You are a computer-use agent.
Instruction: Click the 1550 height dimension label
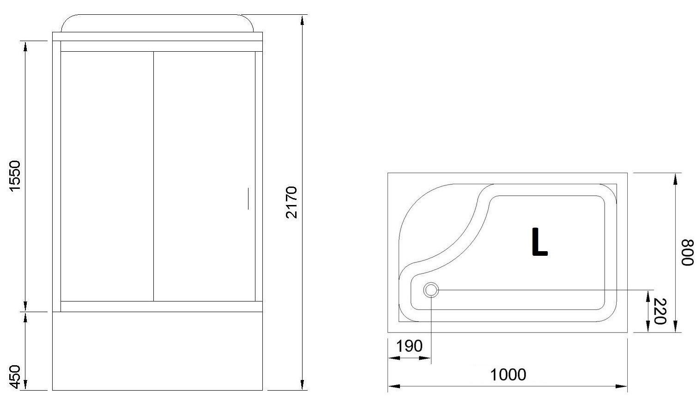tap(15, 176)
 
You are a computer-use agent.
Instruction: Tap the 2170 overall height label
tap(291, 203)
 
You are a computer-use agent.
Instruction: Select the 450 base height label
tap(15, 377)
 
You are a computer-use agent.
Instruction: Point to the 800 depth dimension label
tap(687, 252)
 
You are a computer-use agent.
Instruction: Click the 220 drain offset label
tap(660, 311)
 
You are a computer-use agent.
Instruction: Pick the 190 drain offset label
tap(409, 346)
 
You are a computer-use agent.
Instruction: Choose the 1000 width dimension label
tap(508, 374)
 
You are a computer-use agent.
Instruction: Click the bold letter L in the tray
tap(539, 242)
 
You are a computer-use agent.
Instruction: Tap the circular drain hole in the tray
tap(431, 290)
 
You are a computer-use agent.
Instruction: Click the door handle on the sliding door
tap(248, 199)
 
